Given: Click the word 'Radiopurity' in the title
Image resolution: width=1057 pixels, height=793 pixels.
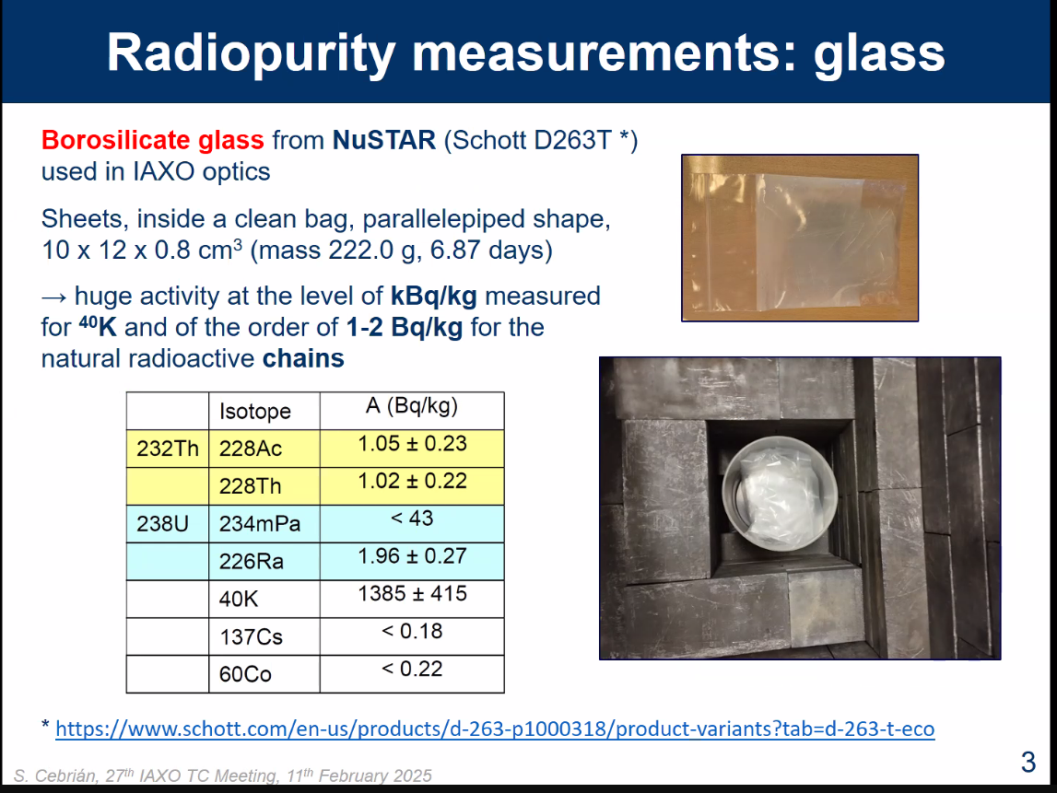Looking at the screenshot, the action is tap(251, 54).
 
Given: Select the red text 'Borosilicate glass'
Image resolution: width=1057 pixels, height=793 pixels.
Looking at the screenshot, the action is tap(152, 140).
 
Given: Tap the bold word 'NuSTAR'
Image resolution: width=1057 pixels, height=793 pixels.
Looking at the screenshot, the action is tap(383, 140).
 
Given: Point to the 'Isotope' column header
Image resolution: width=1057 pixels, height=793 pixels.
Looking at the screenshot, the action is tap(255, 411).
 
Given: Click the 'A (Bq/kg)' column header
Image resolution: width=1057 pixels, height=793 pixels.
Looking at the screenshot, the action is tap(412, 405).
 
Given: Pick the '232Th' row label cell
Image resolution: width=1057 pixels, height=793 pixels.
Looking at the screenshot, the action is tap(168, 449).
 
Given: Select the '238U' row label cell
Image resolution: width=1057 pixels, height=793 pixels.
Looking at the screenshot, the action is tap(168, 524).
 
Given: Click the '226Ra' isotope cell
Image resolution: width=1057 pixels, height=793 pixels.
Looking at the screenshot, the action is tap(264, 562).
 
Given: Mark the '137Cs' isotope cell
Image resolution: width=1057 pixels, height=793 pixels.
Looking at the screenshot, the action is tap(264, 637).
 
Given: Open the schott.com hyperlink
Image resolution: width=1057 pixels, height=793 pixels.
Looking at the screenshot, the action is tap(495, 729).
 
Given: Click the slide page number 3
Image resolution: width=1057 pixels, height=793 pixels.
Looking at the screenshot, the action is tap(1028, 763).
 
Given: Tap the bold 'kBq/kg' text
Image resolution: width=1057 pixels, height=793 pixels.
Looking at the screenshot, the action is tap(433, 297).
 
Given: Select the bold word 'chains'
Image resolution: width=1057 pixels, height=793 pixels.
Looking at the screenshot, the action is tap(303, 358).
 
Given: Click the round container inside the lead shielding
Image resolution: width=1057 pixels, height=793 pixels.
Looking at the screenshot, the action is tap(780, 492).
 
